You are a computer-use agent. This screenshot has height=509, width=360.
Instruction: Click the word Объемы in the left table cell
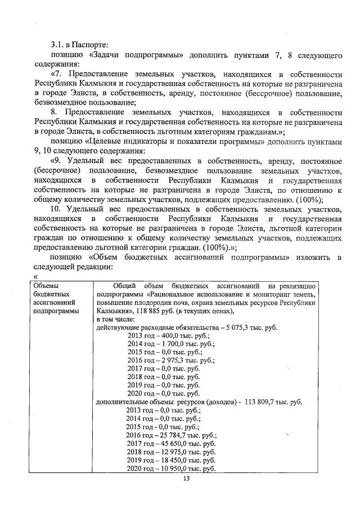click(46, 286)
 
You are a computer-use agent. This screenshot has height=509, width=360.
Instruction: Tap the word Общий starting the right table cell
click(124, 286)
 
